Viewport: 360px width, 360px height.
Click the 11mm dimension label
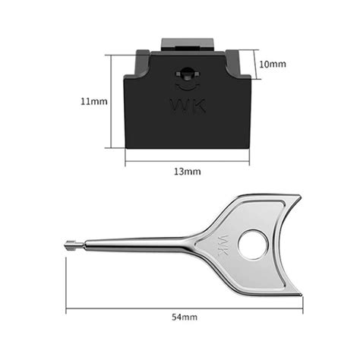pos(95,101)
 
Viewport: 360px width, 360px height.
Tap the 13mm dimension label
pos(187,172)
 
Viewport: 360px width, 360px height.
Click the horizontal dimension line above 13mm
pos(187,161)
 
